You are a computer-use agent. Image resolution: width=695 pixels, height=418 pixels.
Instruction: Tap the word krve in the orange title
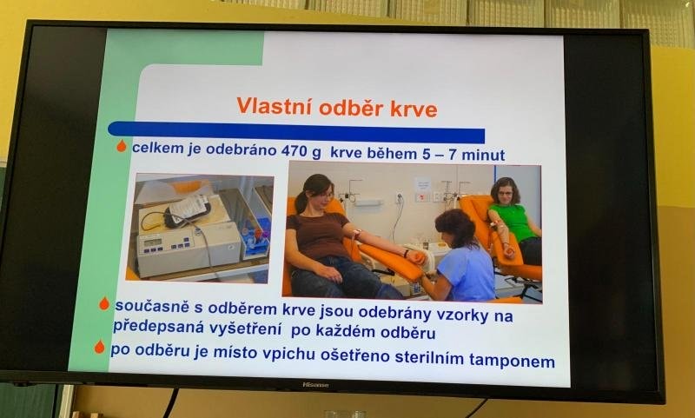click(414, 109)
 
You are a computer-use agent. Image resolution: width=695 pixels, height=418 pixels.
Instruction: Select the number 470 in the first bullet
click(295, 151)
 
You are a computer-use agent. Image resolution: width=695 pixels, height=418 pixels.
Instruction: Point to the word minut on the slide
click(483, 155)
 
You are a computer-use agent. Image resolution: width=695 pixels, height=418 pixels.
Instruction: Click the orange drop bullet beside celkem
click(122, 146)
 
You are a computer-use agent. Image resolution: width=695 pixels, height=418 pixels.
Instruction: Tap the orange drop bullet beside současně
click(104, 303)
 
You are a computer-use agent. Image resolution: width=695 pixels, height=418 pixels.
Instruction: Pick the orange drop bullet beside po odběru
click(100, 347)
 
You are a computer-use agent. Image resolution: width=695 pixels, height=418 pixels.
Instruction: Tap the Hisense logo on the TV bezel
click(315, 385)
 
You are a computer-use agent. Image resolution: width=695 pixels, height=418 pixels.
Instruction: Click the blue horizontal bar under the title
click(296, 132)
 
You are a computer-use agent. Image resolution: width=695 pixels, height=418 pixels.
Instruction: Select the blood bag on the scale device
click(187, 210)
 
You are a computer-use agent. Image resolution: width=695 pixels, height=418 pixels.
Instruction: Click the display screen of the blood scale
click(153, 242)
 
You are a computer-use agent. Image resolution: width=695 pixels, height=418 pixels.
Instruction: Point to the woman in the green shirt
click(515, 218)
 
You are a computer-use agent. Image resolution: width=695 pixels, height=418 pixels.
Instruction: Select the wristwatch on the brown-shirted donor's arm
click(406, 253)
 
